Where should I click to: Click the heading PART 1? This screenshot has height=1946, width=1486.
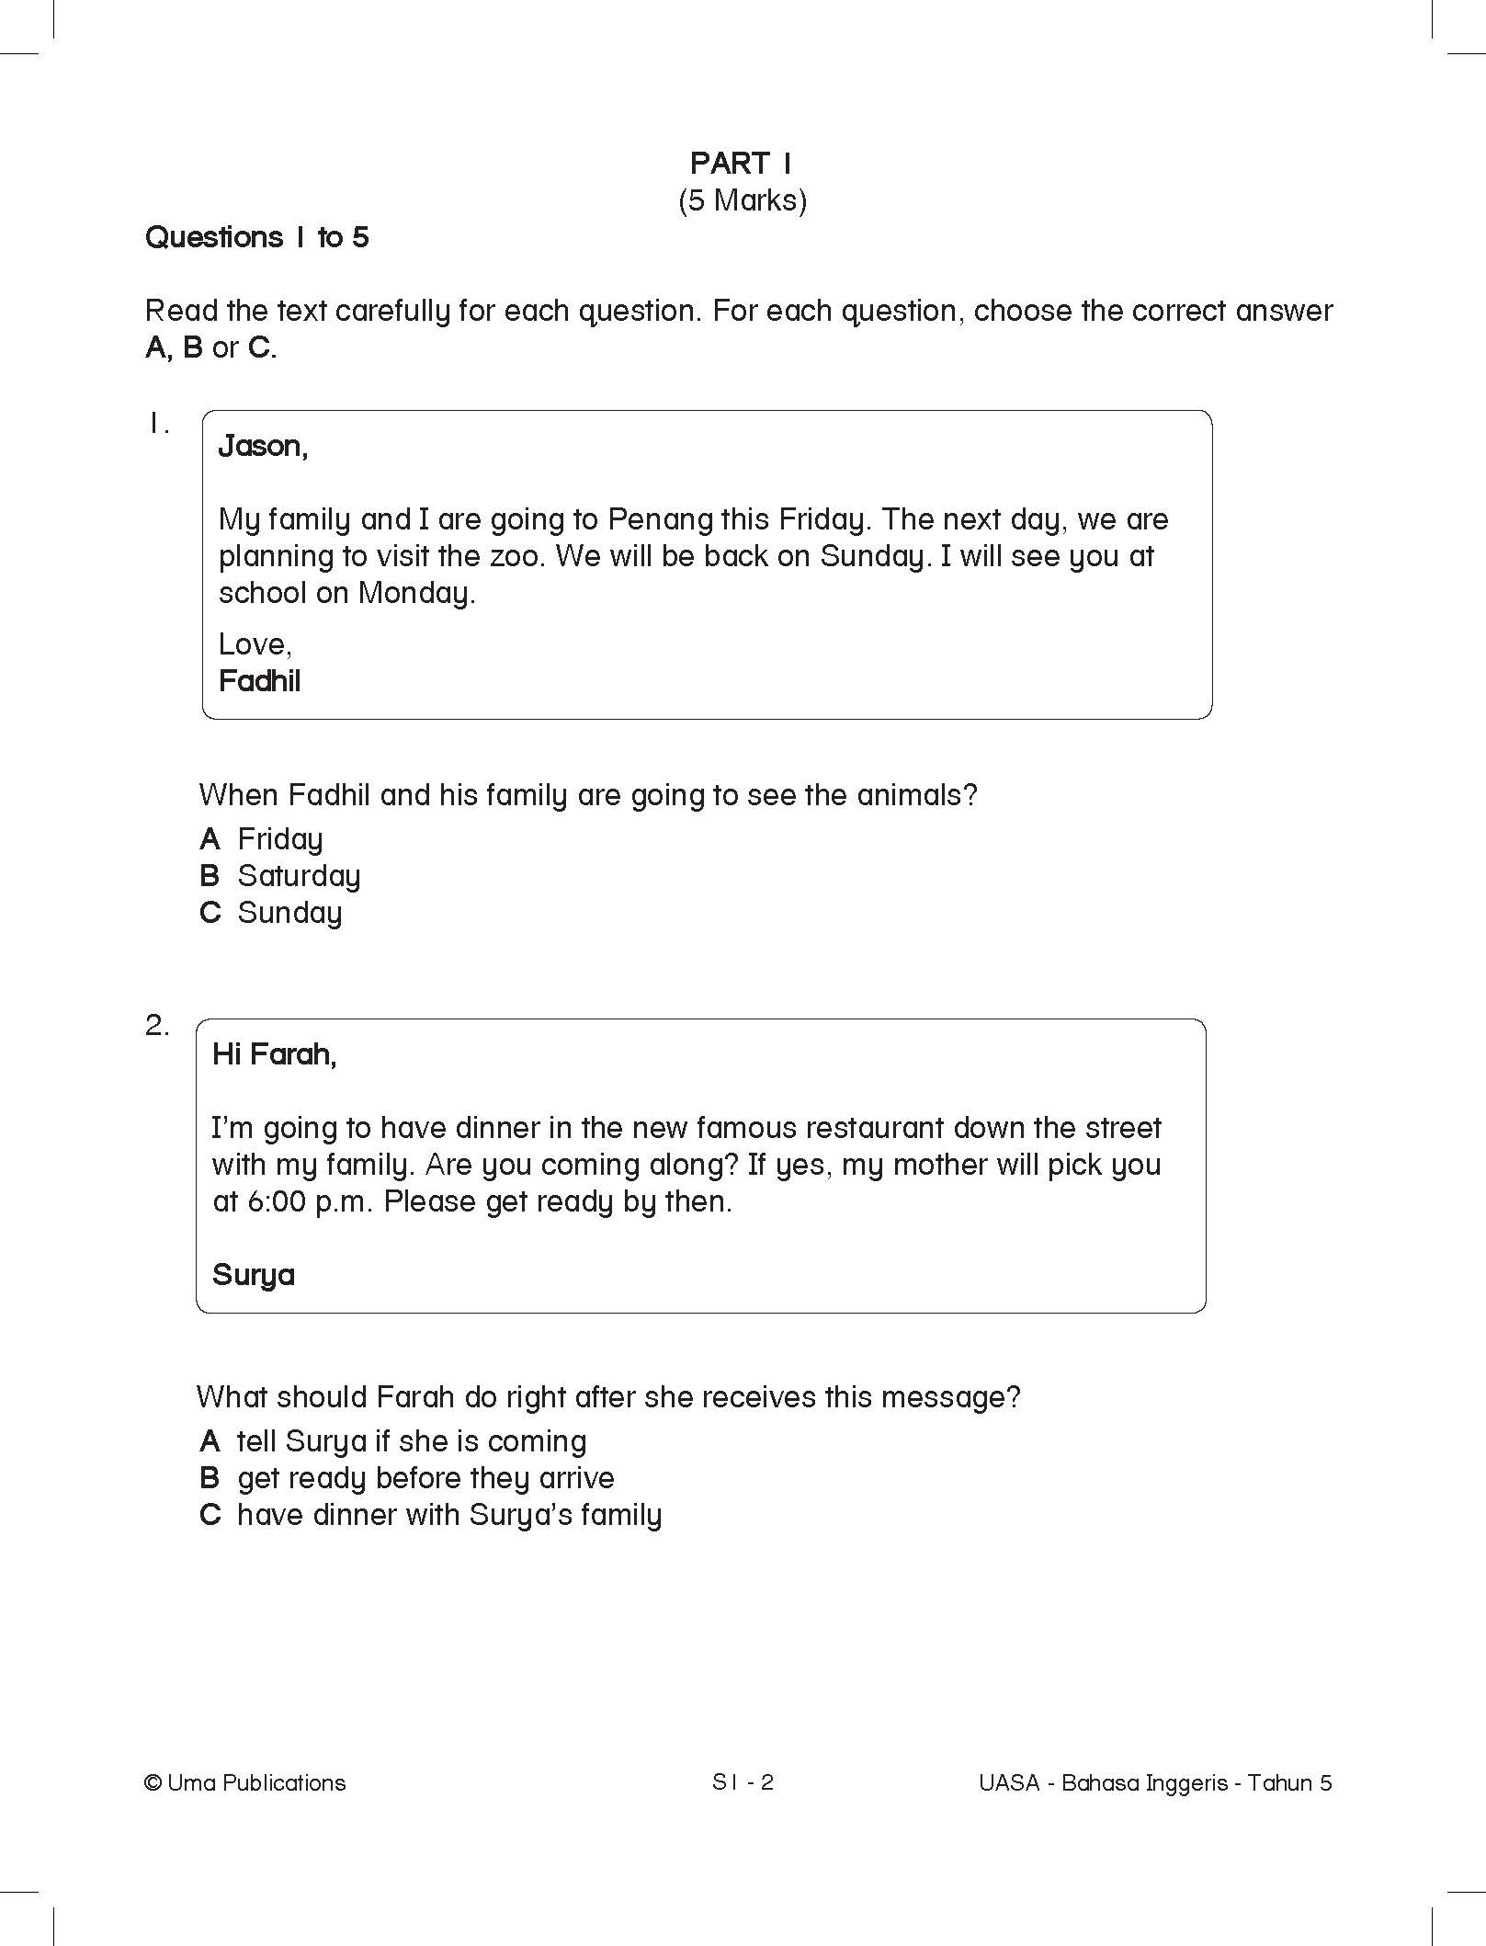click(741, 164)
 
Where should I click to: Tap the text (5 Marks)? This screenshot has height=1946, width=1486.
click(742, 200)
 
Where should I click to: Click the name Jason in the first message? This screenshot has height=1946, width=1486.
click(261, 447)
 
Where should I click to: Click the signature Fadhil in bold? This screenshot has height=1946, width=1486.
click(260, 681)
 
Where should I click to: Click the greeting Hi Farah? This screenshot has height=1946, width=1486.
click(274, 1054)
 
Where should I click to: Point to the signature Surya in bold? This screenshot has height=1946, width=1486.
click(254, 1275)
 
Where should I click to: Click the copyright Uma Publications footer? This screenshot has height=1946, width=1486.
click(245, 1783)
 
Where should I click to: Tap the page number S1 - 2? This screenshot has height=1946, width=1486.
click(743, 1782)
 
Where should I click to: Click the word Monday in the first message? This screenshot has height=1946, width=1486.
click(415, 594)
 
